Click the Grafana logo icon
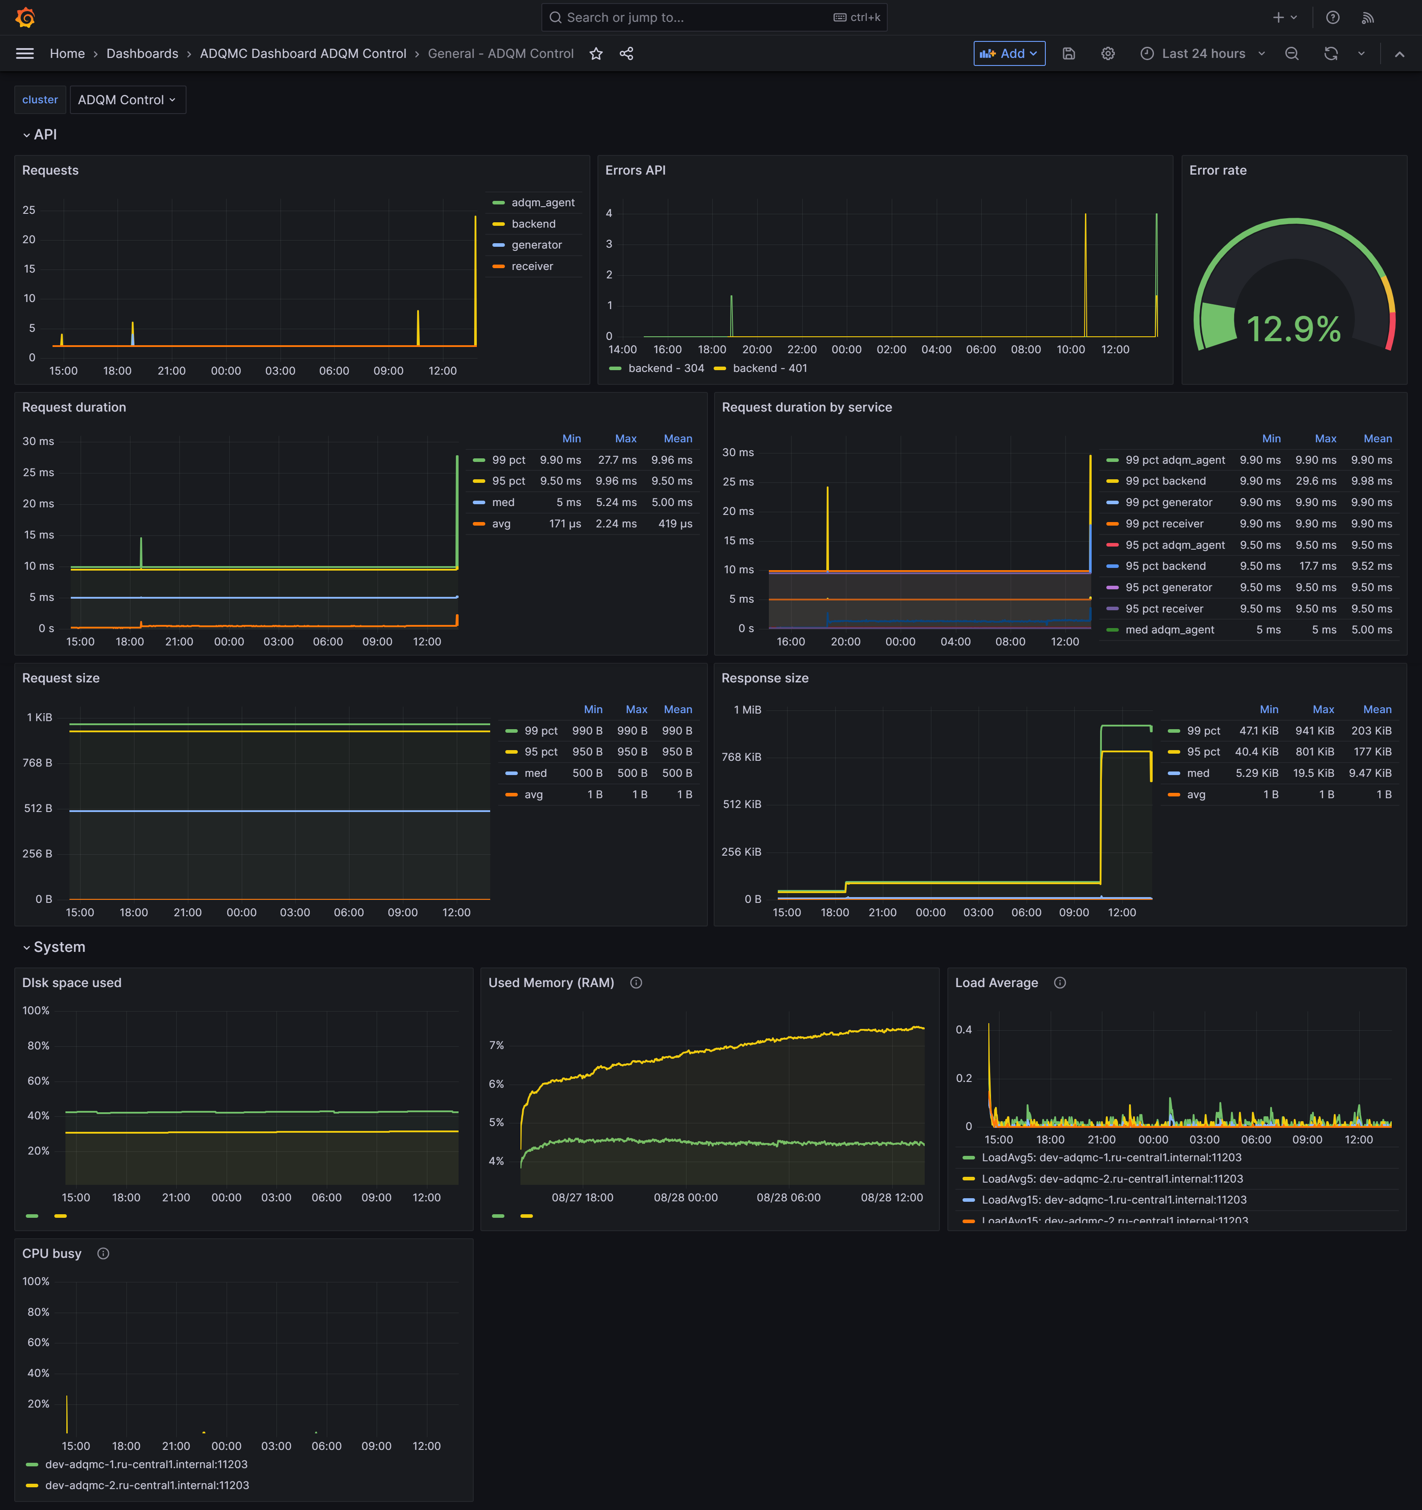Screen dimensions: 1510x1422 pos(25,17)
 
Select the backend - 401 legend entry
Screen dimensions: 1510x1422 pos(769,368)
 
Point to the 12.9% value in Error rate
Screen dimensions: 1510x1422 pos(1293,329)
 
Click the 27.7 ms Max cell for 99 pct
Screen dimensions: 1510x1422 pos(617,460)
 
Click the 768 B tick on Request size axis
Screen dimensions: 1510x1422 pos(37,763)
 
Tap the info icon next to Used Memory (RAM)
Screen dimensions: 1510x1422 pos(636,983)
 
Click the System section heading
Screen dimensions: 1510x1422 pos(59,947)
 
